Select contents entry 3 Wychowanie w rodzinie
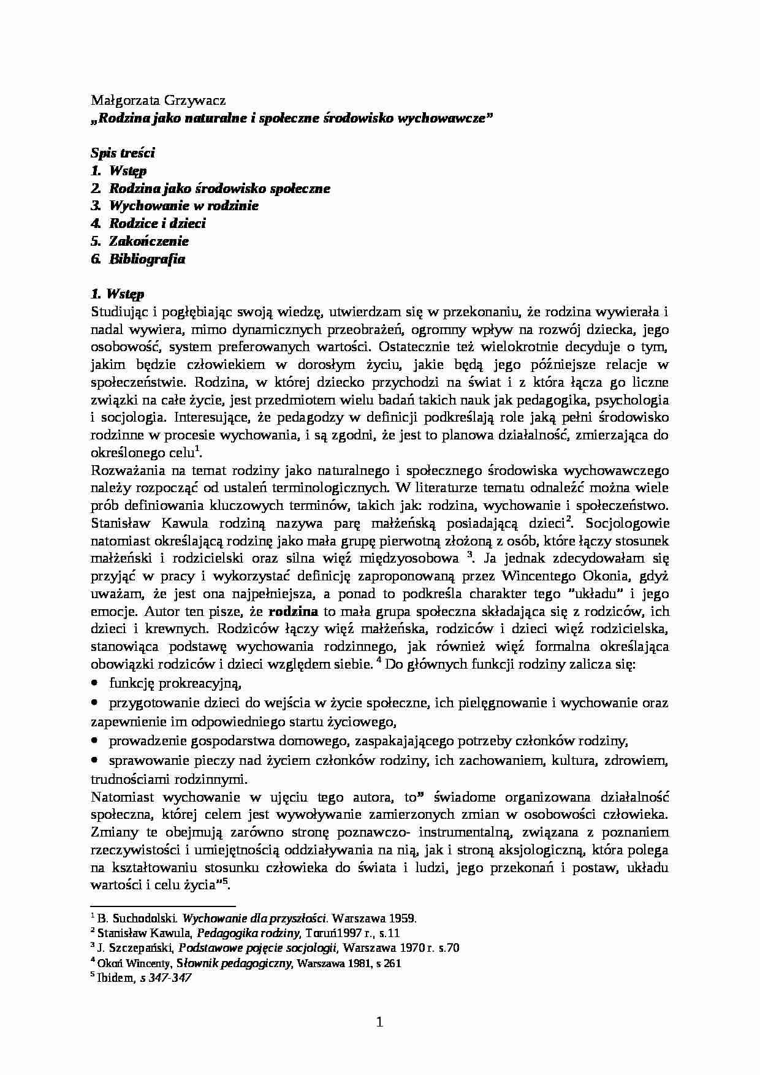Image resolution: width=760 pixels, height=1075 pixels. click(183, 206)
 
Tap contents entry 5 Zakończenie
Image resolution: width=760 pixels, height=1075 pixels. click(148, 241)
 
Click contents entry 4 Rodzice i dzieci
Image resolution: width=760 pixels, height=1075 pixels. click(157, 224)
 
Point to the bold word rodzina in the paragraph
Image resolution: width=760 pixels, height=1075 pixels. click(293, 612)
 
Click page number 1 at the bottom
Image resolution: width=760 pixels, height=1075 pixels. click(379, 1022)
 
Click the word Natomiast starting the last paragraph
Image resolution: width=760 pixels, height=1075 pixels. click(121, 797)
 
